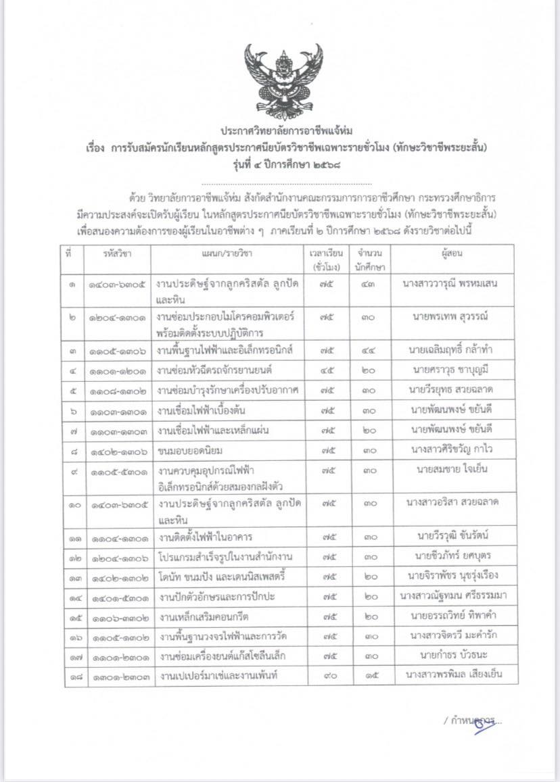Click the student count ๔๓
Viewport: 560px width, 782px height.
point(369,284)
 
